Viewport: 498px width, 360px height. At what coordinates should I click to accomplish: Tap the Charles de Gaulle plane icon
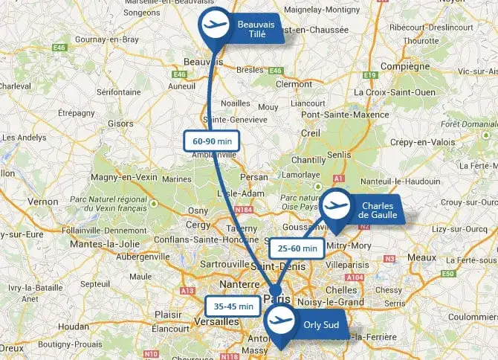(337, 205)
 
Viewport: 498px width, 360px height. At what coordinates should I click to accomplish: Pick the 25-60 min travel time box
(297, 248)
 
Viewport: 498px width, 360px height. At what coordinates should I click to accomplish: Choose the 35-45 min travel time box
(231, 305)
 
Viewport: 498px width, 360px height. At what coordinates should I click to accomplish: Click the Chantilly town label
(308, 160)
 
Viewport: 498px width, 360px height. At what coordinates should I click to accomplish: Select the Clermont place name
(293, 85)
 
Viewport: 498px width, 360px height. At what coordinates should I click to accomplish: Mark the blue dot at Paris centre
(275, 291)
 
